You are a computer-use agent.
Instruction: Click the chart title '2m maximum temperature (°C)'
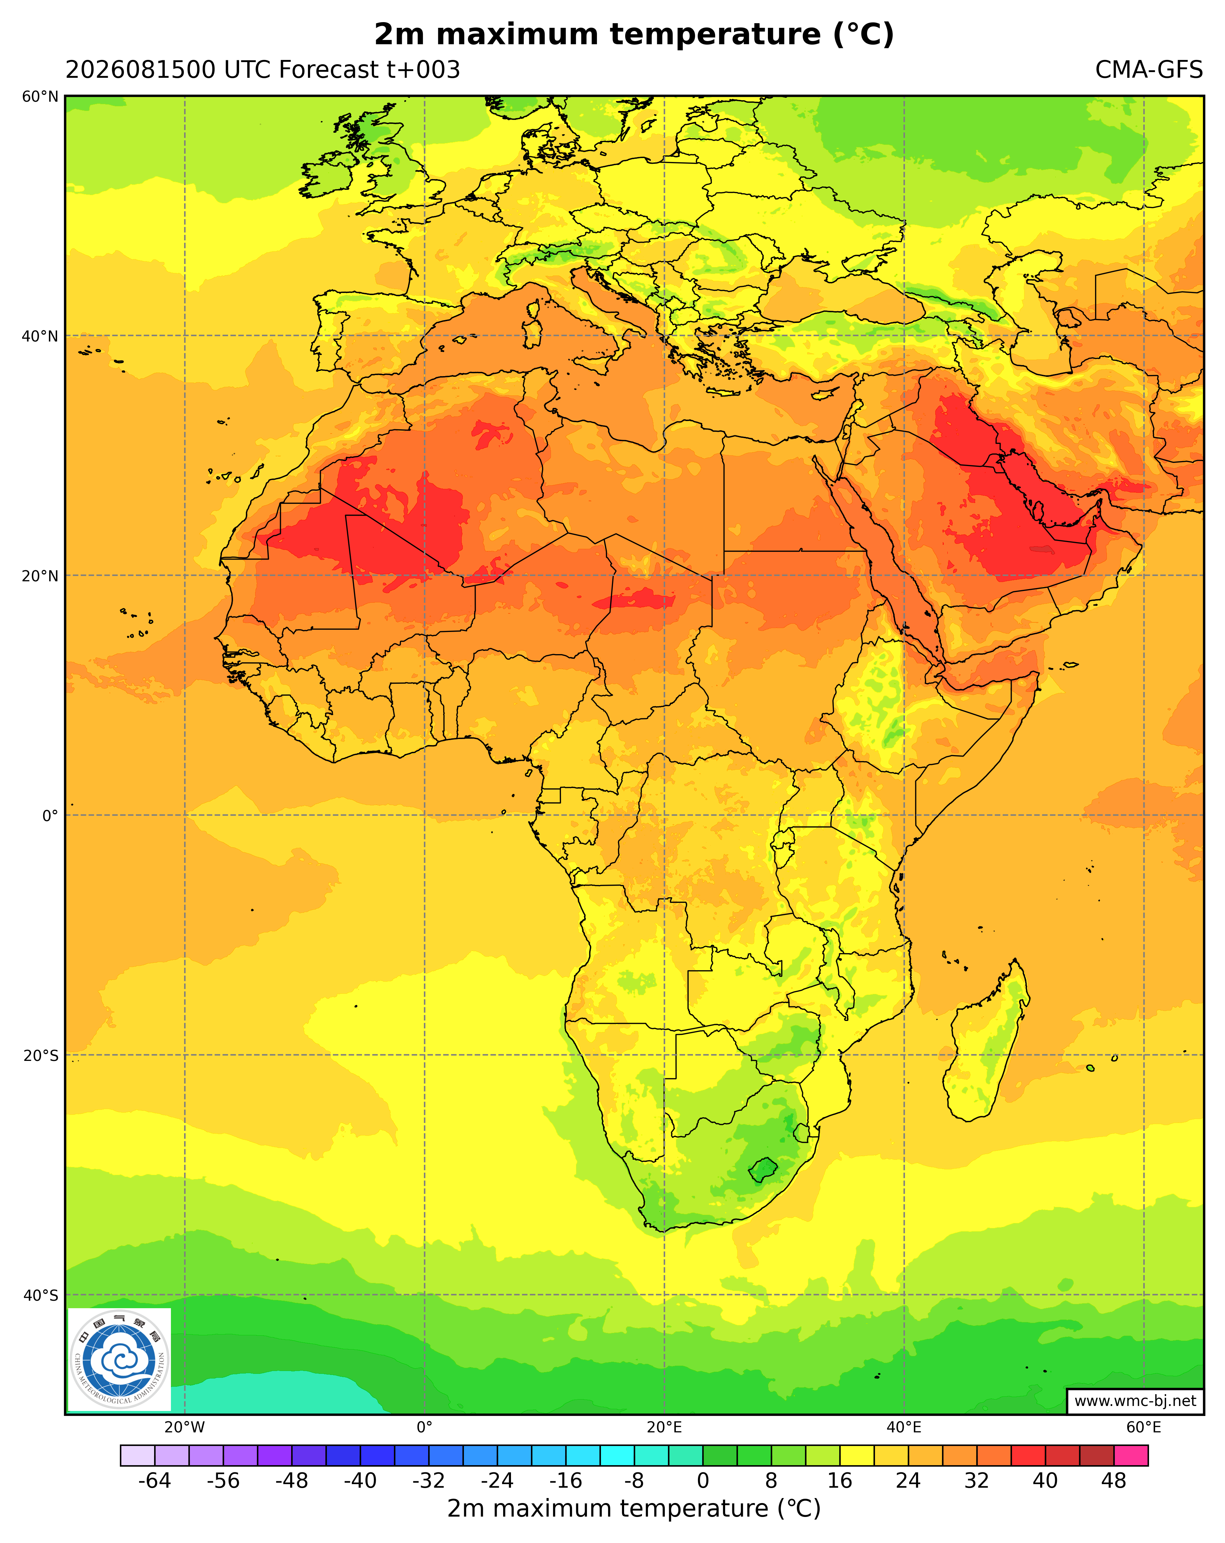coord(634,34)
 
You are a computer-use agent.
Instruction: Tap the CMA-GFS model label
coord(1148,70)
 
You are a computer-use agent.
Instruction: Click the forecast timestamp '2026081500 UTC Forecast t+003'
coord(263,70)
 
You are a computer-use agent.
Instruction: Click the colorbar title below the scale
coord(634,1509)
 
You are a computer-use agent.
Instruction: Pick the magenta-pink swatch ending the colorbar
coord(1131,1456)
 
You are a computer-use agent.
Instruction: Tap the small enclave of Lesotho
coord(763,1170)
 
